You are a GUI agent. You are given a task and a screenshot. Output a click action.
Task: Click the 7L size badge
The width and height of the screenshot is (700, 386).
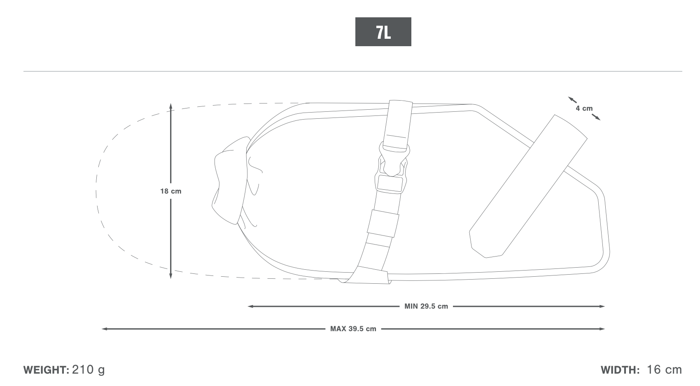383,32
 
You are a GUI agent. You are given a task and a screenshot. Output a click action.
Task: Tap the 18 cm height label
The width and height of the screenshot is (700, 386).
170,191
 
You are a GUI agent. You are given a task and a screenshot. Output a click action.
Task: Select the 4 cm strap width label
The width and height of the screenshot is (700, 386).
584,108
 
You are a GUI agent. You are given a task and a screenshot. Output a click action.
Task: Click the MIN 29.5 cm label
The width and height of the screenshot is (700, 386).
426,306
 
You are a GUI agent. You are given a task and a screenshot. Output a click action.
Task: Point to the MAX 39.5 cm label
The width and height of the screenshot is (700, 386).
353,329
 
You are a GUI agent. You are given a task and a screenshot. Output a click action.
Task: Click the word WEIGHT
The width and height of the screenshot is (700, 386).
46,370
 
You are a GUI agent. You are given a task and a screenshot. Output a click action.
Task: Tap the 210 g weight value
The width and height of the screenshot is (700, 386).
89,370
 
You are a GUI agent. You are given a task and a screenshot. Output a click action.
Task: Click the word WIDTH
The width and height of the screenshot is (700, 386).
620,370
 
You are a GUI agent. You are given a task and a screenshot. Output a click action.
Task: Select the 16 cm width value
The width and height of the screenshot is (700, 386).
664,370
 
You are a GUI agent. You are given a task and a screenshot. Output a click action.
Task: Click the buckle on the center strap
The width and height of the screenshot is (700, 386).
392,168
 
